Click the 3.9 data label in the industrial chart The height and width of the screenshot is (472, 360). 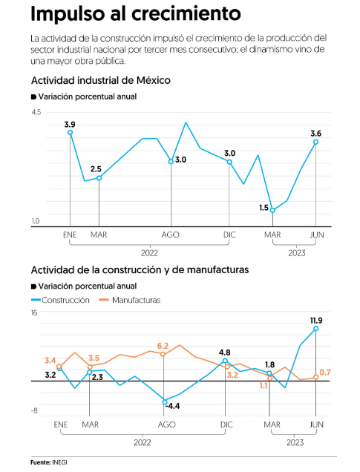70,125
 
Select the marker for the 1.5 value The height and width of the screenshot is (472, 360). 272,211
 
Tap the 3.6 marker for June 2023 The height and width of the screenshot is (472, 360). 315,142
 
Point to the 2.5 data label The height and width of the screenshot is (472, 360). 96,169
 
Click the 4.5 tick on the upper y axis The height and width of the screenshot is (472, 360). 36,112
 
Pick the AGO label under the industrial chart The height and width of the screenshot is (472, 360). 171,235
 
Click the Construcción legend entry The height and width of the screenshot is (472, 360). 61,300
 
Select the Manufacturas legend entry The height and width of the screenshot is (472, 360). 130,300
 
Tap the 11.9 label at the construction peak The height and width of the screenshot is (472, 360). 316,321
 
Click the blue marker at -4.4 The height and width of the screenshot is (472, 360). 165,401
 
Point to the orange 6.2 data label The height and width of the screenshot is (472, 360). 163,346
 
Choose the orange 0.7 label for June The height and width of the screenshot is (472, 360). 325,373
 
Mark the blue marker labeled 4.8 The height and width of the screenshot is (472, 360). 225,361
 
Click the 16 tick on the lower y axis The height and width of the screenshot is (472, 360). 34,312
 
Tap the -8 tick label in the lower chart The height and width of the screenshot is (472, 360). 34,410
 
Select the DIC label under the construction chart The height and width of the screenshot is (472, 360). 226,425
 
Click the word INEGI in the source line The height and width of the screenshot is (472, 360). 59,462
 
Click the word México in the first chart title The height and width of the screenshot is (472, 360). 153,80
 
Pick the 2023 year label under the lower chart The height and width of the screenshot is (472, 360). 295,443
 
